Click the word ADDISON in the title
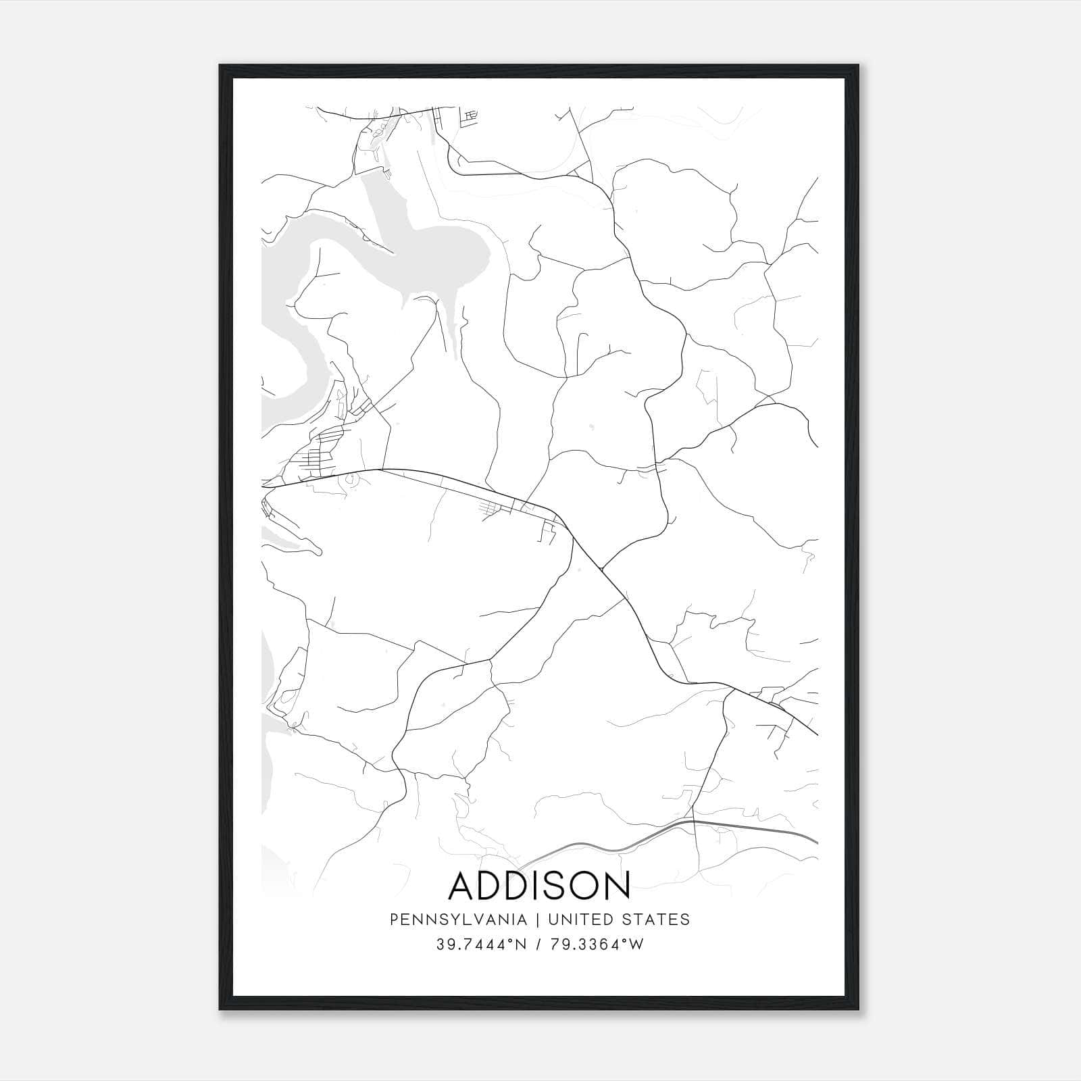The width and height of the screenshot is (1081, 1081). pyautogui.click(x=539, y=886)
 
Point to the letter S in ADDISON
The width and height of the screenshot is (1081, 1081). pyautogui.click(x=561, y=886)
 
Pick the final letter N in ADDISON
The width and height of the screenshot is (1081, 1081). pyautogui.click(x=618, y=886)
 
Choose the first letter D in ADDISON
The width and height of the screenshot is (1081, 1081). pyautogui.click(x=493, y=886)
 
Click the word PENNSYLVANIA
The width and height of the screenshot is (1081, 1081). pyautogui.click(x=458, y=920)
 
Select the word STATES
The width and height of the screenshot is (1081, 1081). pyautogui.click(x=657, y=920)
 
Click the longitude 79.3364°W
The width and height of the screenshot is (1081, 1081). pyautogui.click(x=598, y=945)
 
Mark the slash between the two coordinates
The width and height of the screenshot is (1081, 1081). pyautogui.click(x=538, y=945)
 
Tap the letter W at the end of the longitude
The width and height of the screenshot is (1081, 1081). pyautogui.click(x=636, y=945)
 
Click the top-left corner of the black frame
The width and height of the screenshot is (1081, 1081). pyautogui.click(x=221, y=66)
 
